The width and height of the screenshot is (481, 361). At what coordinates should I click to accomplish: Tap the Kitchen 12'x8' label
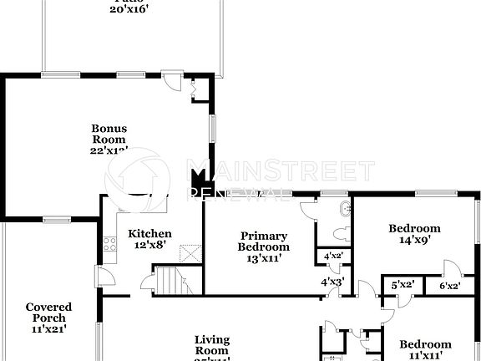[149, 240]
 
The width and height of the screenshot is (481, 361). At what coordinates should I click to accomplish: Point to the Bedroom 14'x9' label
[414, 234]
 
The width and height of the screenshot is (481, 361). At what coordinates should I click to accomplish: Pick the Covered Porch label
[48, 318]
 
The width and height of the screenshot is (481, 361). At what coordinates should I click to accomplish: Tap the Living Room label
[212, 344]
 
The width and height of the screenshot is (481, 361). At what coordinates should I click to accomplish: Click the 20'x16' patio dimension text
[127, 8]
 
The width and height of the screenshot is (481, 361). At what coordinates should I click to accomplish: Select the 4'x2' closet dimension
[332, 256]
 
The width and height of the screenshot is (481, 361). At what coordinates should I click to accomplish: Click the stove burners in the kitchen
[108, 245]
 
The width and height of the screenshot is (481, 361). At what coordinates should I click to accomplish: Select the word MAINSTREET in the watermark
[279, 172]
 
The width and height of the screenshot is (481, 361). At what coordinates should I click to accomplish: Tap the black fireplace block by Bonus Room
[199, 179]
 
